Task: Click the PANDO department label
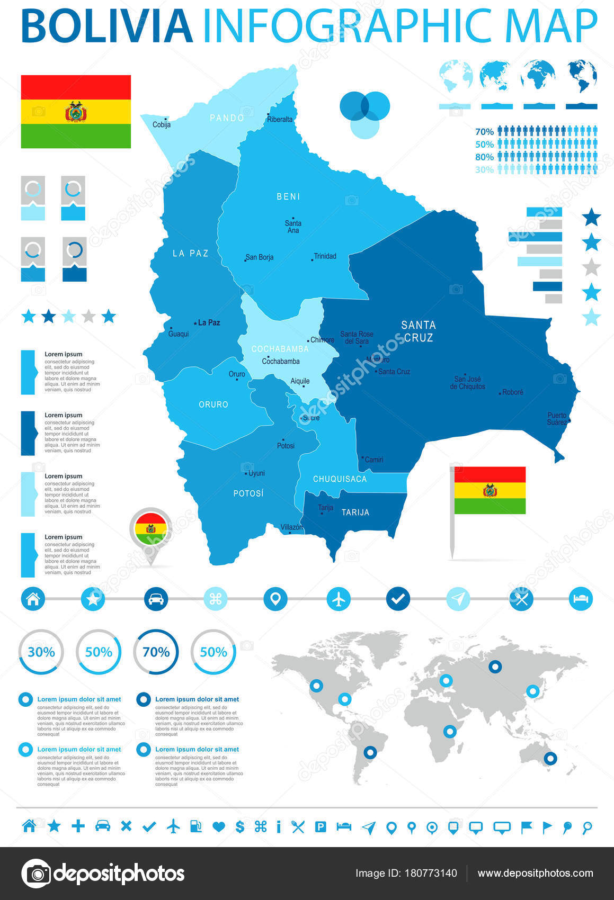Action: pyautogui.click(x=227, y=118)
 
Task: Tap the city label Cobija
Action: pyautogui.click(x=162, y=125)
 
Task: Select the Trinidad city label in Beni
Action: pyautogui.click(x=325, y=256)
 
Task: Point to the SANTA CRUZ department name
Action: pyautogui.click(x=419, y=331)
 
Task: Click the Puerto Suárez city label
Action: pyautogui.click(x=557, y=419)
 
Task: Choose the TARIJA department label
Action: pyautogui.click(x=355, y=512)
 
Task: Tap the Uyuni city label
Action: pyautogui.click(x=256, y=473)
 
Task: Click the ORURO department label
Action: pyautogui.click(x=213, y=404)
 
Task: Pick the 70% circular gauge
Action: pyautogui.click(x=156, y=652)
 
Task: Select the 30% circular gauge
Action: pyautogui.click(x=41, y=652)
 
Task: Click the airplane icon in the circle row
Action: pyautogui.click(x=339, y=599)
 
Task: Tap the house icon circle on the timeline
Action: pyautogui.click(x=33, y=599)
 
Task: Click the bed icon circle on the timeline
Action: pyautogui.click(x=581, y=599)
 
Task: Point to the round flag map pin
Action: pyautogui.click(x=151, y=529)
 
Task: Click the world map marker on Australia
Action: pyautogui.click(x=550, y=758)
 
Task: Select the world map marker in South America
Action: pyautogui.click(x=370, y=752)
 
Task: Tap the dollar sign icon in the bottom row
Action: pyautogui.click(x=240, y=826)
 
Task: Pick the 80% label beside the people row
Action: pyautogui.click(x=484, y=157)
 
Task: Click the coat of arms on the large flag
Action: pyautogui.click(x=76, y=112)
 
